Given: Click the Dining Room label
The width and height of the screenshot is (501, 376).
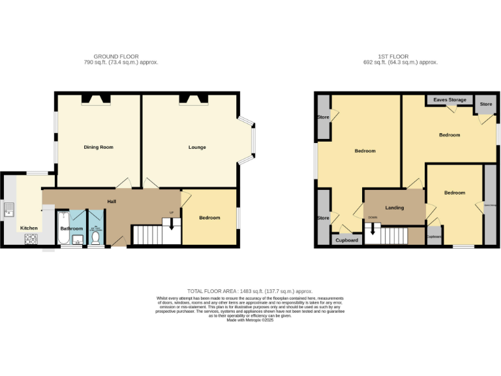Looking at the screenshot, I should (x=99, y=148).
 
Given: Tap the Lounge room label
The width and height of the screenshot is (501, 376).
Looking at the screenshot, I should (x=197, y=148).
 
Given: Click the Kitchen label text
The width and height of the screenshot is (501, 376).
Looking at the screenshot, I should (x=29, y=228).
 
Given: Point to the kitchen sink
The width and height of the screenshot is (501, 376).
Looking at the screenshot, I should (x=9, y=210).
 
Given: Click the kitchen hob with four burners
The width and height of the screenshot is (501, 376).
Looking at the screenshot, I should (x=30, y=239).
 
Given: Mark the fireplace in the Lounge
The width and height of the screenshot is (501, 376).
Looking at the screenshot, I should (x=194, y=99).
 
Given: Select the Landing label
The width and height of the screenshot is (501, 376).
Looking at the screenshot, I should (x=395, y=208).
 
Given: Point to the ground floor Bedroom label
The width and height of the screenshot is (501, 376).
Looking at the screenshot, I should (x=209, y=218).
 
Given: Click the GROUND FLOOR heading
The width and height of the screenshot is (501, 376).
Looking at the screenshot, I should (x=116, y=57).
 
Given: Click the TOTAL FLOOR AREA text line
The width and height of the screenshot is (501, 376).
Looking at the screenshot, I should (x=250, y=291).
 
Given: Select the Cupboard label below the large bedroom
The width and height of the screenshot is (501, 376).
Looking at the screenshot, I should (x=346, y=240).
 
